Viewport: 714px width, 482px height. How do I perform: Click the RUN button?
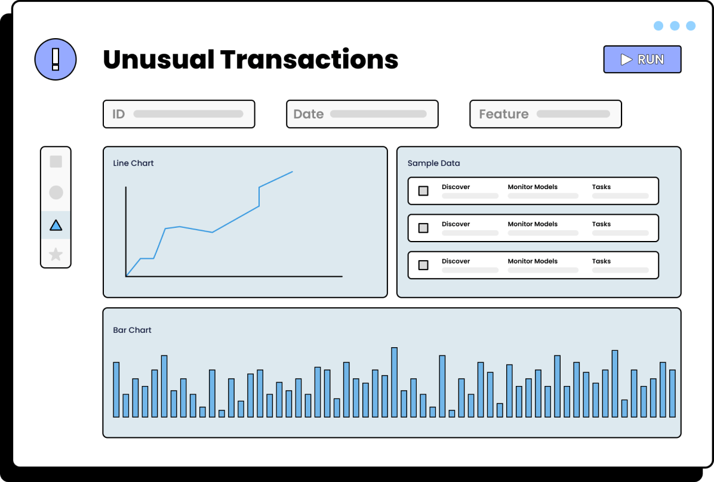[642, 59]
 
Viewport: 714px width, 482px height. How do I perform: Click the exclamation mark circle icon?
[56, 59]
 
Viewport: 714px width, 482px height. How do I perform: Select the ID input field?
[179, 114]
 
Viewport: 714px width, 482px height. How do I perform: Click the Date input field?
[362, 114]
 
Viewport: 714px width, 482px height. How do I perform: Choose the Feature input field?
[546, 114]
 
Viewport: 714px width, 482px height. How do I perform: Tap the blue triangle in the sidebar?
[56, 225]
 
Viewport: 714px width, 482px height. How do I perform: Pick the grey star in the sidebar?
[56, 254]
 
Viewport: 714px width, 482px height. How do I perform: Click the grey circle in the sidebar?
[56, 193]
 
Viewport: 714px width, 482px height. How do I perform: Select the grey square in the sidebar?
[56, 162]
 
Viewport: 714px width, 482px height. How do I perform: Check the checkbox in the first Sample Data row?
[423, 191]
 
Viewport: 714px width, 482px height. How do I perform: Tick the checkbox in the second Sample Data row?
[423, 228]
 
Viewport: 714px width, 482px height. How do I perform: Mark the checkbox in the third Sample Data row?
[423, 265]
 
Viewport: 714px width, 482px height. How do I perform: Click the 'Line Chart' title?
[133, 163]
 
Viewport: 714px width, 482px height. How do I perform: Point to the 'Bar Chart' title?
[132, 330]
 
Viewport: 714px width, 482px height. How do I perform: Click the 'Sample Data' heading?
[433, 163]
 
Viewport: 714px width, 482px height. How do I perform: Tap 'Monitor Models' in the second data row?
[533, 224]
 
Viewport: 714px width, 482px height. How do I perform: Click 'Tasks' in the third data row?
[601, 261]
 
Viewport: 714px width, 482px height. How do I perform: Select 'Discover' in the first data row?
[456, 187]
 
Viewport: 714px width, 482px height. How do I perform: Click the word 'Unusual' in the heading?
[158, 60]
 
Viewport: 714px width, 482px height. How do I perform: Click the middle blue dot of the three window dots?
[675, 26]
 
